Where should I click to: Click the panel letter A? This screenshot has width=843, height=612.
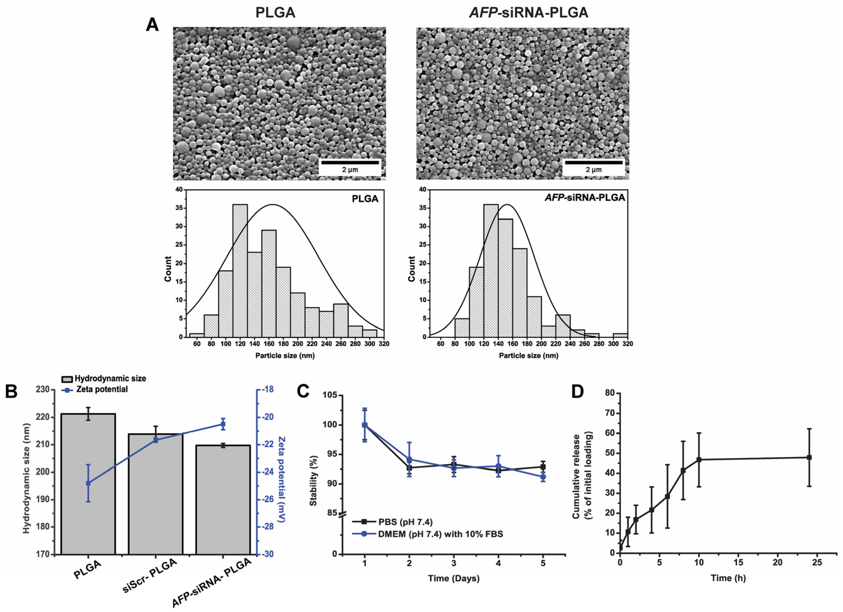pyautogui.click(x=152, y=25)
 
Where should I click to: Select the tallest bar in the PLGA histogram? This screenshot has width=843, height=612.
pyautogui.click(x=240, y=271)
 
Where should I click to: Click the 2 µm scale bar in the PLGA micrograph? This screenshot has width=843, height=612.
pyautogui.click(x=350, y=162)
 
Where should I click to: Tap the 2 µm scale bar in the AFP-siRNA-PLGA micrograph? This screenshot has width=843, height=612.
pyautogui.click(x=593, y=162)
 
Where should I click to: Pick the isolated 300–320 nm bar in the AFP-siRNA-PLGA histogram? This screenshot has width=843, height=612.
pyautogui.click(x=620, y=335)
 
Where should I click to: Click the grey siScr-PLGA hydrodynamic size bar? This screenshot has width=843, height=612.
pyautogui.click(x=155, y=494)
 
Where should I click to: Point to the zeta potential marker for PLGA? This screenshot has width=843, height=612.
pyautogui.click(x=88, y=483)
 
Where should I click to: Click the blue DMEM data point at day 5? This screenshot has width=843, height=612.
pyautogui.click(x=543, y=477)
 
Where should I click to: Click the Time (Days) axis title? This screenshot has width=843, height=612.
pyautogui.click(x=453, y=578)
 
